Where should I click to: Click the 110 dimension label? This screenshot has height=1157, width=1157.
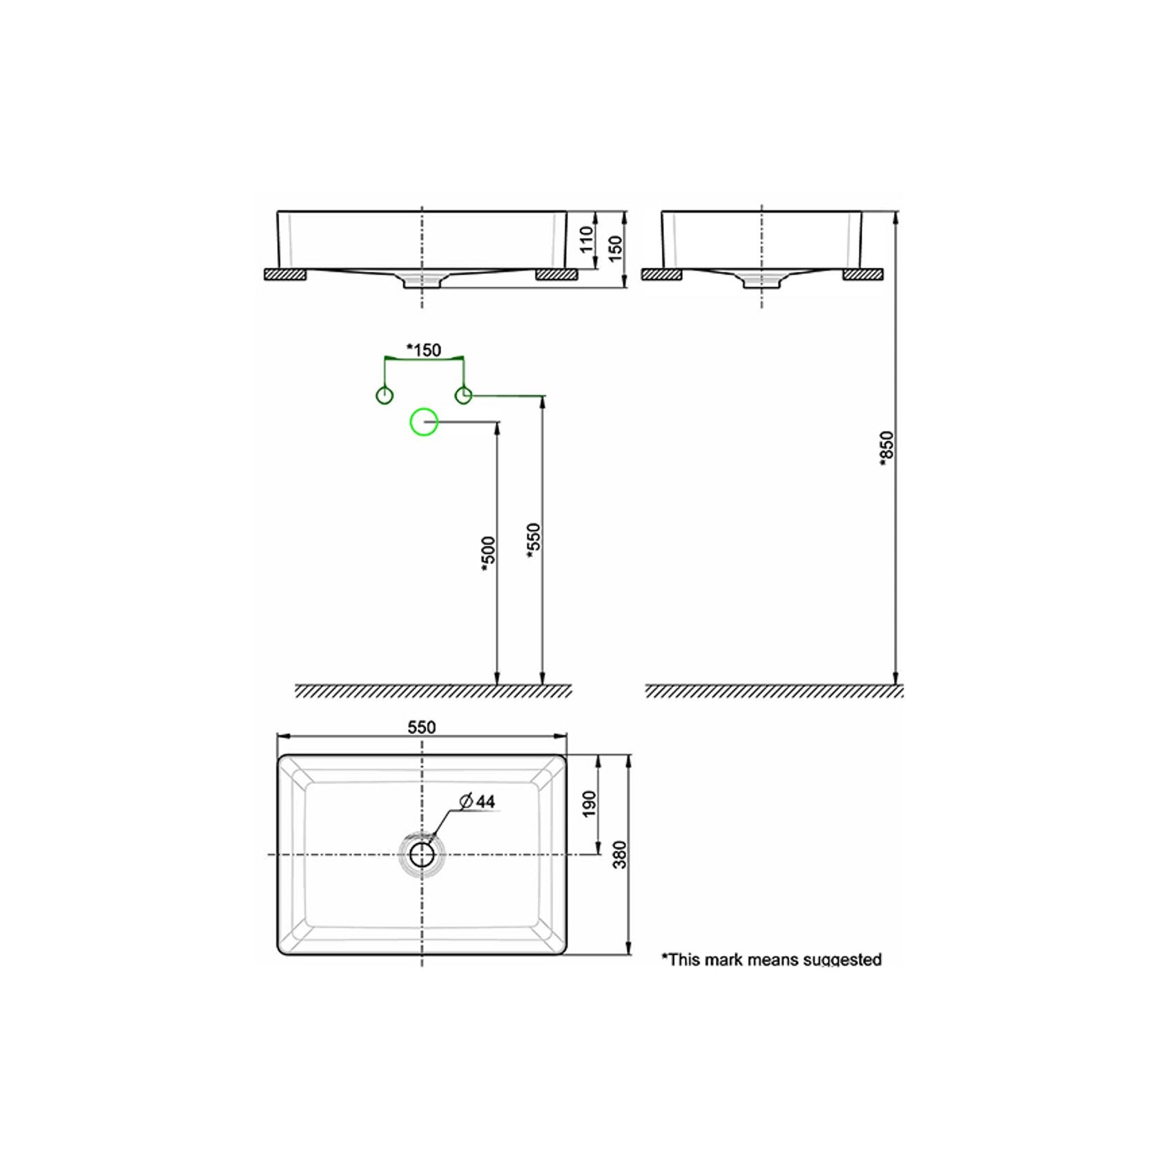[587, 239]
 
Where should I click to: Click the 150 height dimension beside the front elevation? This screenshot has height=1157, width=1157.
[615, 248]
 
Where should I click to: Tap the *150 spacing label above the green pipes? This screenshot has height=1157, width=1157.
[423, 350]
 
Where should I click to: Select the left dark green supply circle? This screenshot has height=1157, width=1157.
[384, 396]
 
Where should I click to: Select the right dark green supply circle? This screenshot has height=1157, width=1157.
[463, 396]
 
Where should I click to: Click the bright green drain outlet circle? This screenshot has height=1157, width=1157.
[424, 422]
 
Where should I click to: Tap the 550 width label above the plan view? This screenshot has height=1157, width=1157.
[422, 728]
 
